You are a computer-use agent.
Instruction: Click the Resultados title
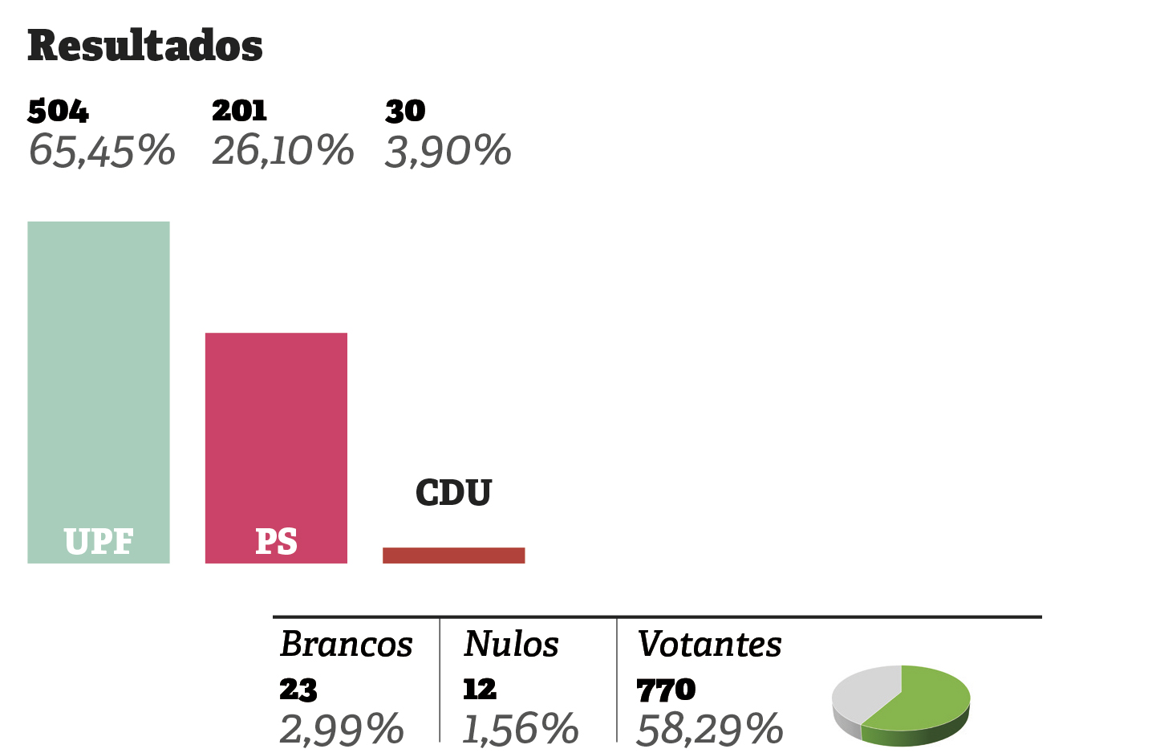click(145, 46)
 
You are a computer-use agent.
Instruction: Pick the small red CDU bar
click(453, 556)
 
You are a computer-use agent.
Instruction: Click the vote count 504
click(58, 111)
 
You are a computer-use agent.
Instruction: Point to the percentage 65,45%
click(102, 151)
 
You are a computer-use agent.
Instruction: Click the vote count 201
click(239, 111)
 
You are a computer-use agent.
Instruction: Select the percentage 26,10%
click(282, 151)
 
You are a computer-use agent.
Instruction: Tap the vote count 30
click(405, 111)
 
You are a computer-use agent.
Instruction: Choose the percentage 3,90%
click(448, 151)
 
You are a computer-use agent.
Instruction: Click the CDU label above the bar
click(453, 493)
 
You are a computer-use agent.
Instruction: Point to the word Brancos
click(346, 645)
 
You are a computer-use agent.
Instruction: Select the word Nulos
click(511, 645)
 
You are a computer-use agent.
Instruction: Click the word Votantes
click(709, 645)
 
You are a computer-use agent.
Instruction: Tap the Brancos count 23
click(298, 690)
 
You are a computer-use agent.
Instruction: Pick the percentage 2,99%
click(341, 730)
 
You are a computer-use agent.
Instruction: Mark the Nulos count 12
click(480, 690)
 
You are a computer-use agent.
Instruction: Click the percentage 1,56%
click(521, 730)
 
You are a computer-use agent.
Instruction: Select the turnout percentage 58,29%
click(709, 730)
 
